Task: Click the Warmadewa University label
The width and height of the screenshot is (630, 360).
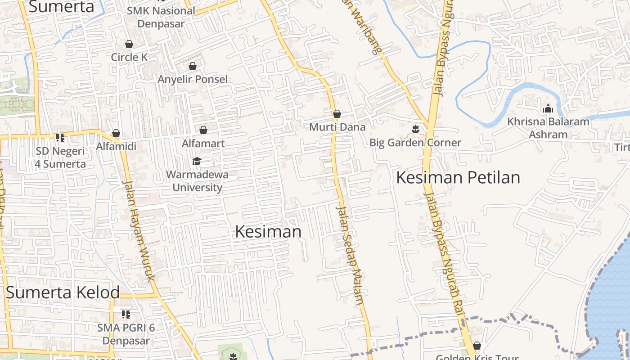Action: click(198, 181)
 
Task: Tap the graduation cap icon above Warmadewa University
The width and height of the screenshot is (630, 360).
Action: click(197, 161)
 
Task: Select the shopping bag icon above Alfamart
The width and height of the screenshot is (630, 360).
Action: click(203, 130)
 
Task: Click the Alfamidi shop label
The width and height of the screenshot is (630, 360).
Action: click(116, 146)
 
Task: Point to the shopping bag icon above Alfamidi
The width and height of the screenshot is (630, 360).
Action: click(116, 133)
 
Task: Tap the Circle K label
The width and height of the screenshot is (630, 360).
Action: click(129, 57)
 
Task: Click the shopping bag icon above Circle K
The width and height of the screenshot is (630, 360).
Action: click(129, 44)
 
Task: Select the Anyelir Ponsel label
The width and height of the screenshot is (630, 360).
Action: click(193, 79)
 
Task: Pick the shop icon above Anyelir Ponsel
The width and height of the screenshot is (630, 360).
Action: click(193, 66)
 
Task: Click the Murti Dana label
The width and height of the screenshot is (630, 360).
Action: click(337, 127)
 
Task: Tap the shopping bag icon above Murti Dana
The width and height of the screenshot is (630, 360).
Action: click(337, 114)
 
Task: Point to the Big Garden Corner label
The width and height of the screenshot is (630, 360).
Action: click(415, 143)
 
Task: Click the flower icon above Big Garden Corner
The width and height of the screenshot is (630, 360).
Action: click(415, 130)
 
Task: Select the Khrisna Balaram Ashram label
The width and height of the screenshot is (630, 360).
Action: click(548, 128)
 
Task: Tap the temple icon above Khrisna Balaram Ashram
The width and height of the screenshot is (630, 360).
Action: click(548, 108)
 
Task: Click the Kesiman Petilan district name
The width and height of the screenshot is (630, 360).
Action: click(458, 178)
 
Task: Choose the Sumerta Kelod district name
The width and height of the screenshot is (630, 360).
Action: click(63, 292)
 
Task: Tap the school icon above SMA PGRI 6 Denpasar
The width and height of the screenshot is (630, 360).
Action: click(126, 314)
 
